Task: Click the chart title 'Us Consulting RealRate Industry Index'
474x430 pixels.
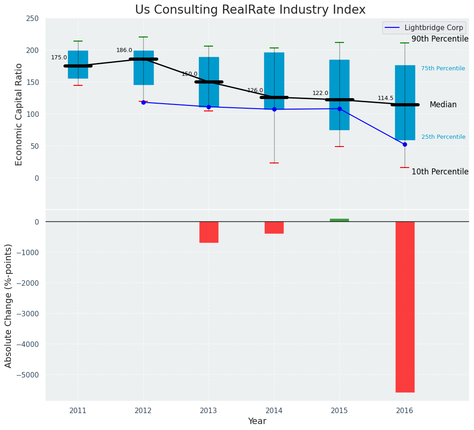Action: pyautogui.click(x=250, y=10)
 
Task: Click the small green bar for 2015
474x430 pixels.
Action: pyautogui.click(x=339, y=220)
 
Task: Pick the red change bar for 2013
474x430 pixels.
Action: pyautogui.click(x=209, y=232)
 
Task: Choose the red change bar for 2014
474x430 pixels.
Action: pyautogui.click(x=274, y=227)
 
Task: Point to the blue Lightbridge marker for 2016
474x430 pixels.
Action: pyautogui.click(x=405, y=144)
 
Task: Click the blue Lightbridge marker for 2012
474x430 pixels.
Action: pyautogui.click(x=143, y=102)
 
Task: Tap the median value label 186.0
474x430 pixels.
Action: pyautogui.click(x=124, y=51)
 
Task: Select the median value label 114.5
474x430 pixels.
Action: pyautogui.click(x=385, y=99)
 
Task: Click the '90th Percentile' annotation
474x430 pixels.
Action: pyautogui.click(x=440, y=39)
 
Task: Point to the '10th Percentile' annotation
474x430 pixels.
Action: pyautogui.click(x=440, y=172)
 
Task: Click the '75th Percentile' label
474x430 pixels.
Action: pyautogui.click(x=443, y=69)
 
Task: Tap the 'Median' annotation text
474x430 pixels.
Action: pyautogui.click(x=443, y=105)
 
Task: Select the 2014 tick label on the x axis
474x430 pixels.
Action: pyautogui.click(x=274, y=411)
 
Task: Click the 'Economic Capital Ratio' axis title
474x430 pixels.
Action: pyautogui.click(x=19, y=114)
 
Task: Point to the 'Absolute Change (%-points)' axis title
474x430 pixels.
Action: pyautogui.click(x=9, y=305)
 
